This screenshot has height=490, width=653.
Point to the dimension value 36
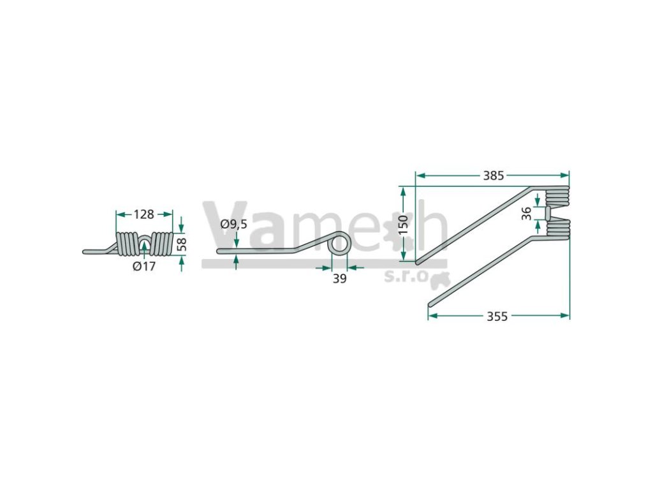click(527, 212)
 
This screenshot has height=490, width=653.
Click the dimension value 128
click(145, 214)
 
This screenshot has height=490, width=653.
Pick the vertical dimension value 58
click(182, 244)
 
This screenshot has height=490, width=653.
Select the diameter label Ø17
click(144, 267)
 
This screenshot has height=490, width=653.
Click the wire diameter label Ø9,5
click(234, 225)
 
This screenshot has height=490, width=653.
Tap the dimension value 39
click(340, 278)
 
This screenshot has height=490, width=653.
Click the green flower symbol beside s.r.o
click(441, 279)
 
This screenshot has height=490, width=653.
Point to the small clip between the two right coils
click(548, 212)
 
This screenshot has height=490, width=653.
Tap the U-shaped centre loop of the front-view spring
click(145, 242)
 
